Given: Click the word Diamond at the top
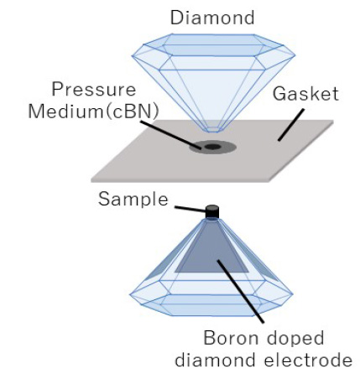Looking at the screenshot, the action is pyautogui.click(x=212, y=18).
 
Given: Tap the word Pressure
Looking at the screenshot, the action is pyautogui.click(x=94, y=90).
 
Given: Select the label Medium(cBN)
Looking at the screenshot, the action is pyautogui.click(x=93, y=112).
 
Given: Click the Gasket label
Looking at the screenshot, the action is pyautogui.click(x=305, y=94).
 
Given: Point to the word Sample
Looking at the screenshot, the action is pyautogui.click(x=133, y=199).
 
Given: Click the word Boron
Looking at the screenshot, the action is pyautogui.click(x=231, y=338).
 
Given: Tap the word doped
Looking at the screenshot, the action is pyautogui.click(x=295, y=339).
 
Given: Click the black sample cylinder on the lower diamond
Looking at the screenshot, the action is pyautogui.click(x=212, y=211).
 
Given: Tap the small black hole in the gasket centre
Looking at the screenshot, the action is pyautogui.click(x=212, y=147).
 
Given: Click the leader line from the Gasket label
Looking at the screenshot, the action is pyautogui.click(x=291, y=125).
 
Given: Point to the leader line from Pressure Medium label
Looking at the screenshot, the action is pyautogui.click(x=170, y=135).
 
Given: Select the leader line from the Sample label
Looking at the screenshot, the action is pyautogui.click(x=190, y=209).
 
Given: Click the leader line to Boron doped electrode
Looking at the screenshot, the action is pyautogui.click(x=241, y=292).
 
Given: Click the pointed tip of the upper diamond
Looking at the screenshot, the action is pyautogui.click(x=212, y=132).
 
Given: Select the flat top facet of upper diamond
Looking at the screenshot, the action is pyautogui.click(x=213, y=39).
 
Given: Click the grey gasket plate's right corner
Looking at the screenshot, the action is pyautogui.click(x=333, y=121).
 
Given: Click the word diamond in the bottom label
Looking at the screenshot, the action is pyautogui.click(x=215, y=360).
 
